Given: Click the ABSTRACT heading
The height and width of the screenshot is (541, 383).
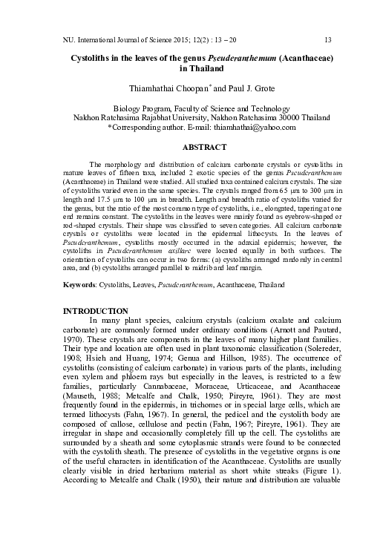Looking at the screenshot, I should [x=191, y=148].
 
